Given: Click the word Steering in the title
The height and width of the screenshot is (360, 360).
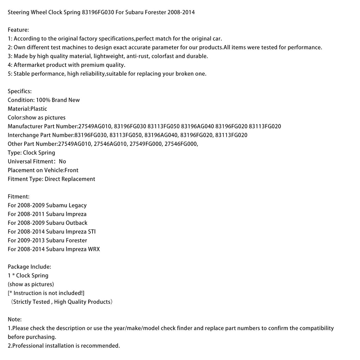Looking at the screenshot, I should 19,12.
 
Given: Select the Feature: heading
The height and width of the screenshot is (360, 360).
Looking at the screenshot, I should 18,30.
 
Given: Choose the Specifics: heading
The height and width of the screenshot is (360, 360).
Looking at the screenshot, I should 20,91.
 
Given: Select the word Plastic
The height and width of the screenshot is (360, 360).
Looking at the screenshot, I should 39,109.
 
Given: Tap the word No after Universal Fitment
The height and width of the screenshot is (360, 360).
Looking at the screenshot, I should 63,161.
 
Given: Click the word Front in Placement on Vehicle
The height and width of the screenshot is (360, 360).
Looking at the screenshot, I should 71,170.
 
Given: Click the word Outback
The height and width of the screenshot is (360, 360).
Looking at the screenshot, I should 76,223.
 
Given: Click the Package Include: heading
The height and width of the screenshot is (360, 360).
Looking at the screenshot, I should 30,267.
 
